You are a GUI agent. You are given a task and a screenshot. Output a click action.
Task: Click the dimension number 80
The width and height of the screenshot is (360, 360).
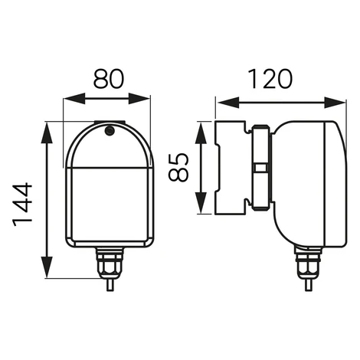point(109,79)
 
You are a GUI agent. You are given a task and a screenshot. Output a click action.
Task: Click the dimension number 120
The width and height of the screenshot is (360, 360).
point(270,79)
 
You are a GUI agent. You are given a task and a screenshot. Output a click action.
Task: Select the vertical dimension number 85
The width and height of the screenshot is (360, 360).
point(178,167)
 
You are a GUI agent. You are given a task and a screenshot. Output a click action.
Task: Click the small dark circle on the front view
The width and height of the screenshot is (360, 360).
point(110,131)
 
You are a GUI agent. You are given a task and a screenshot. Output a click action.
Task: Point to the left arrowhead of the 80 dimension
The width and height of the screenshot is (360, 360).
point(74,99)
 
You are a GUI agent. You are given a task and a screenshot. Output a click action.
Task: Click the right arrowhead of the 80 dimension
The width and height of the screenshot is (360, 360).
point(139,99)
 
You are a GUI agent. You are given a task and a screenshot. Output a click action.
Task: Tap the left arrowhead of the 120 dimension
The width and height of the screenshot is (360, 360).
point(229,103)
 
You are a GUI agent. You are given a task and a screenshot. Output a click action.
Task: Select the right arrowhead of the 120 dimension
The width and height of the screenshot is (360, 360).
point(335,103)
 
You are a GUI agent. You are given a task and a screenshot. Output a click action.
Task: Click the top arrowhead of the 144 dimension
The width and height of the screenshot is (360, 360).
point(47,133)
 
